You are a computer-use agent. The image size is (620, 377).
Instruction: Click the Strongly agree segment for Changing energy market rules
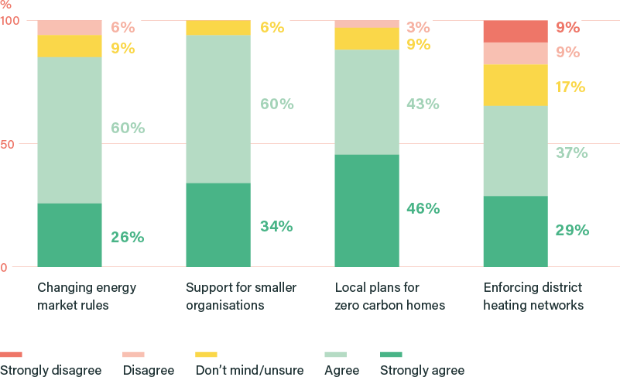(69, 235)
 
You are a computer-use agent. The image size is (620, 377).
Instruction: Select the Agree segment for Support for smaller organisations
(218, 109)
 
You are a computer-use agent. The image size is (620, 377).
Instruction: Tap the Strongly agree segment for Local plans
(366, 211)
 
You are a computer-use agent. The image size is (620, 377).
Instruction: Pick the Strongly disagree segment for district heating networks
(515, 31)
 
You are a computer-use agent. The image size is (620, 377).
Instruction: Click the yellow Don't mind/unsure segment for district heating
(515, 85)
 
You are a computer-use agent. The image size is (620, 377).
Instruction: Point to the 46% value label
(423, 208)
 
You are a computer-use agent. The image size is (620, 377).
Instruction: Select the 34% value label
(276, 226)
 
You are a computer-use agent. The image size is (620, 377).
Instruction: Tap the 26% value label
(127, 237)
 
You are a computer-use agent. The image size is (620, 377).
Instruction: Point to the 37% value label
(571, 153)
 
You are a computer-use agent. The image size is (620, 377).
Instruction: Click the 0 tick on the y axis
(4, 268)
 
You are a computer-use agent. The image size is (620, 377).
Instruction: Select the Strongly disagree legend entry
(51, 370)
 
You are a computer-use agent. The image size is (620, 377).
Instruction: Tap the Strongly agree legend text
(422, 370)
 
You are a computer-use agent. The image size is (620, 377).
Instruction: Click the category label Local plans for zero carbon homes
(389, 296)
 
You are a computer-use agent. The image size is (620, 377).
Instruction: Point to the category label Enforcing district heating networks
(533, 296)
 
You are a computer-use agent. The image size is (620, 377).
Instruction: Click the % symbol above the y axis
(5, 4)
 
